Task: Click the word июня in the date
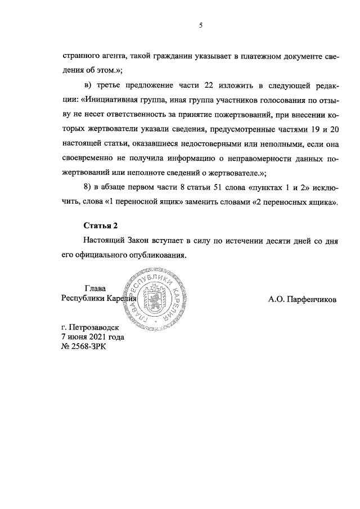tap(78, 336)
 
